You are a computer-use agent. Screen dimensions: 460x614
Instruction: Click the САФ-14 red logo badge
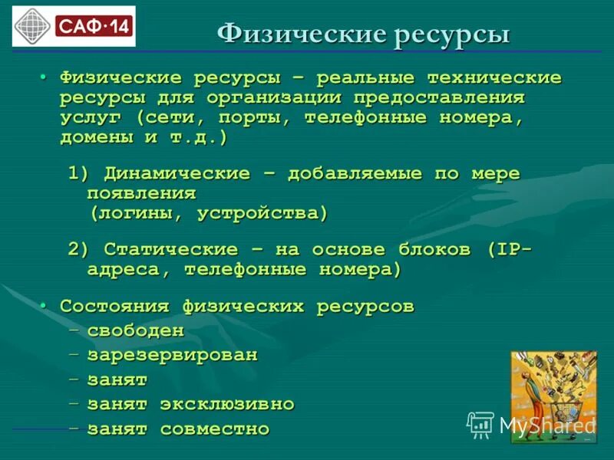pyautogui.click(x=94, y=27)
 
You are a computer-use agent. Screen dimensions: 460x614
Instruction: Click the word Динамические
pyautogui.click(x=177, y=173)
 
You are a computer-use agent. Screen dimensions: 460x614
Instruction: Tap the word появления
pyautogui.click(x=142, y=192)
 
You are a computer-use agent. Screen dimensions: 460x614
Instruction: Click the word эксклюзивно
pyautogui.click(x=227, y=404)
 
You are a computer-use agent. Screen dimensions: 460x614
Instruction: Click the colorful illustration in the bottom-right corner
pyautogui.click(x=553, y=396)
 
